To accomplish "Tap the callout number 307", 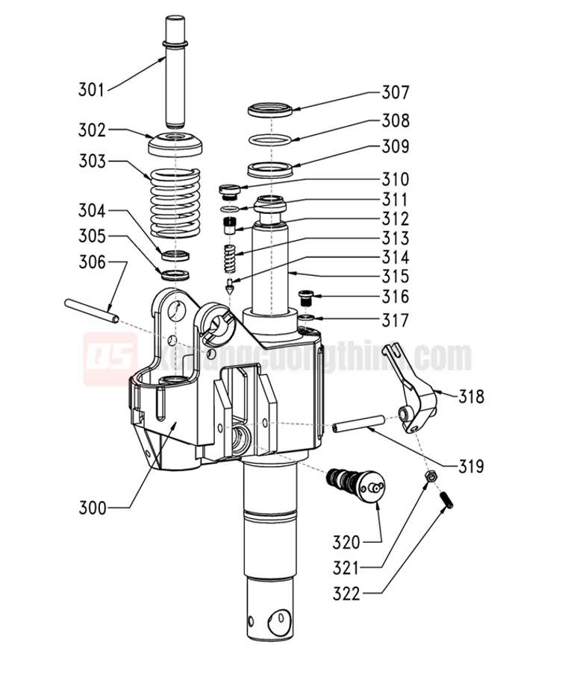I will [x=395, y=93].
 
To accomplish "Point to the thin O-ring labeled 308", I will [x=270, y=139].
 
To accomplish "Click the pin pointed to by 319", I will [x=359, y=427].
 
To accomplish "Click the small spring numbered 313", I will [x=231, y=259].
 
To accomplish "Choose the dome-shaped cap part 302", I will [x=176, y=142].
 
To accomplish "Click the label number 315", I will [x=395, y=277].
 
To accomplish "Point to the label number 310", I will [x=395, y=180].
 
